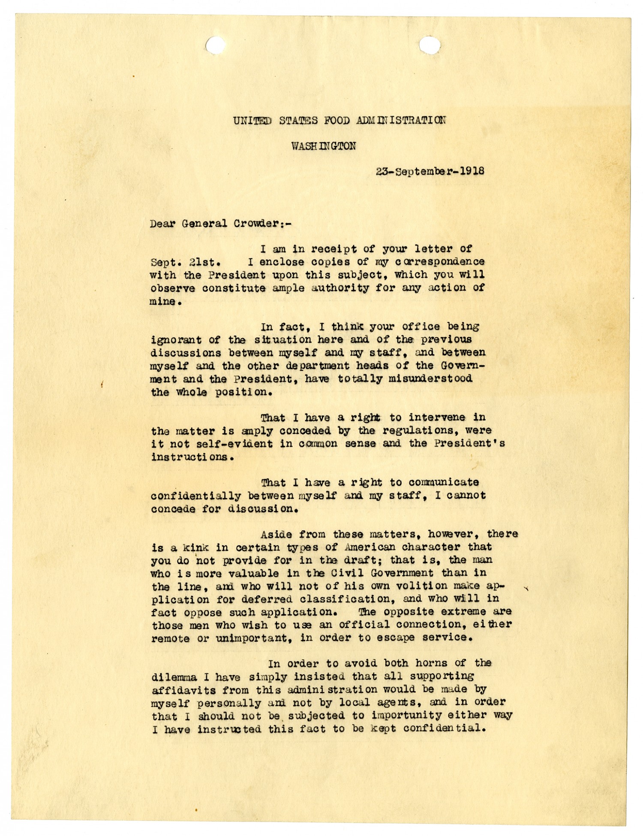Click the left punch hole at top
pos(216,45)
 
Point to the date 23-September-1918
pos(430,171)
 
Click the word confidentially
pos(196,496)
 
